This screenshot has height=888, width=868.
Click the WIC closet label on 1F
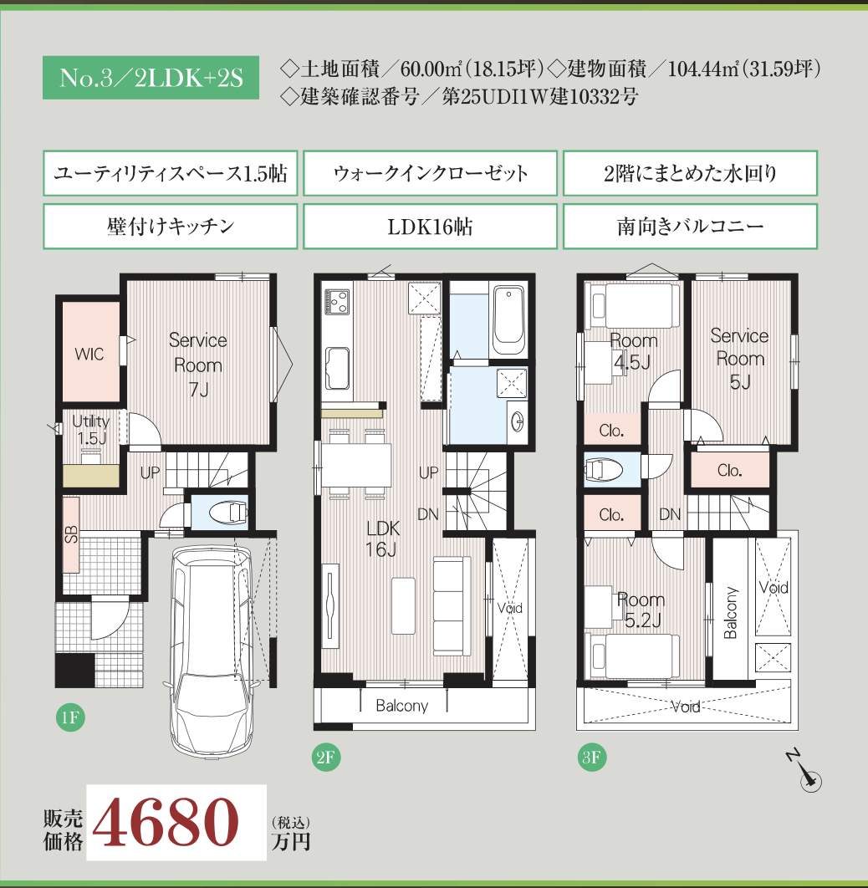pos(89,355)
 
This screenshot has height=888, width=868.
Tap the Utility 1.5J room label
pos(90,429)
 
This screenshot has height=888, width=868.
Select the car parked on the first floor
pos(212,652)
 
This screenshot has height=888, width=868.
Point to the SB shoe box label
pos(71,534)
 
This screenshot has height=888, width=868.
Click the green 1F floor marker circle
pos(69,717)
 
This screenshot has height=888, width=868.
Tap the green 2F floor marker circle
pos(325,757)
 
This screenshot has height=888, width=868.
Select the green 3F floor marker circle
pos(592,757)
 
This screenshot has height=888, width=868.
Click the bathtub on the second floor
pos(508,320)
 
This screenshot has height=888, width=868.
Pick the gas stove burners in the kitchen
pos(336,301)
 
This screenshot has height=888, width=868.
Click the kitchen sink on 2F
pos(337,369)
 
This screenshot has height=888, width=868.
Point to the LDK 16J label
pos(383,538)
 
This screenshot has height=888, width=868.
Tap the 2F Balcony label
pos(401,706)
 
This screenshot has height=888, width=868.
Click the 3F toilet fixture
pos(604,470)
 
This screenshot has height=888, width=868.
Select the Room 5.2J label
pos(641,610)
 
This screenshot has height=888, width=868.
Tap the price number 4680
pos(166,822)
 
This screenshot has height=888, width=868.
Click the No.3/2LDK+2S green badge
pos(151,78)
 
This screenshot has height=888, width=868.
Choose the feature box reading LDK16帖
pos(430,227)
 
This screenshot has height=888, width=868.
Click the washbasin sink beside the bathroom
pos(517,421)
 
